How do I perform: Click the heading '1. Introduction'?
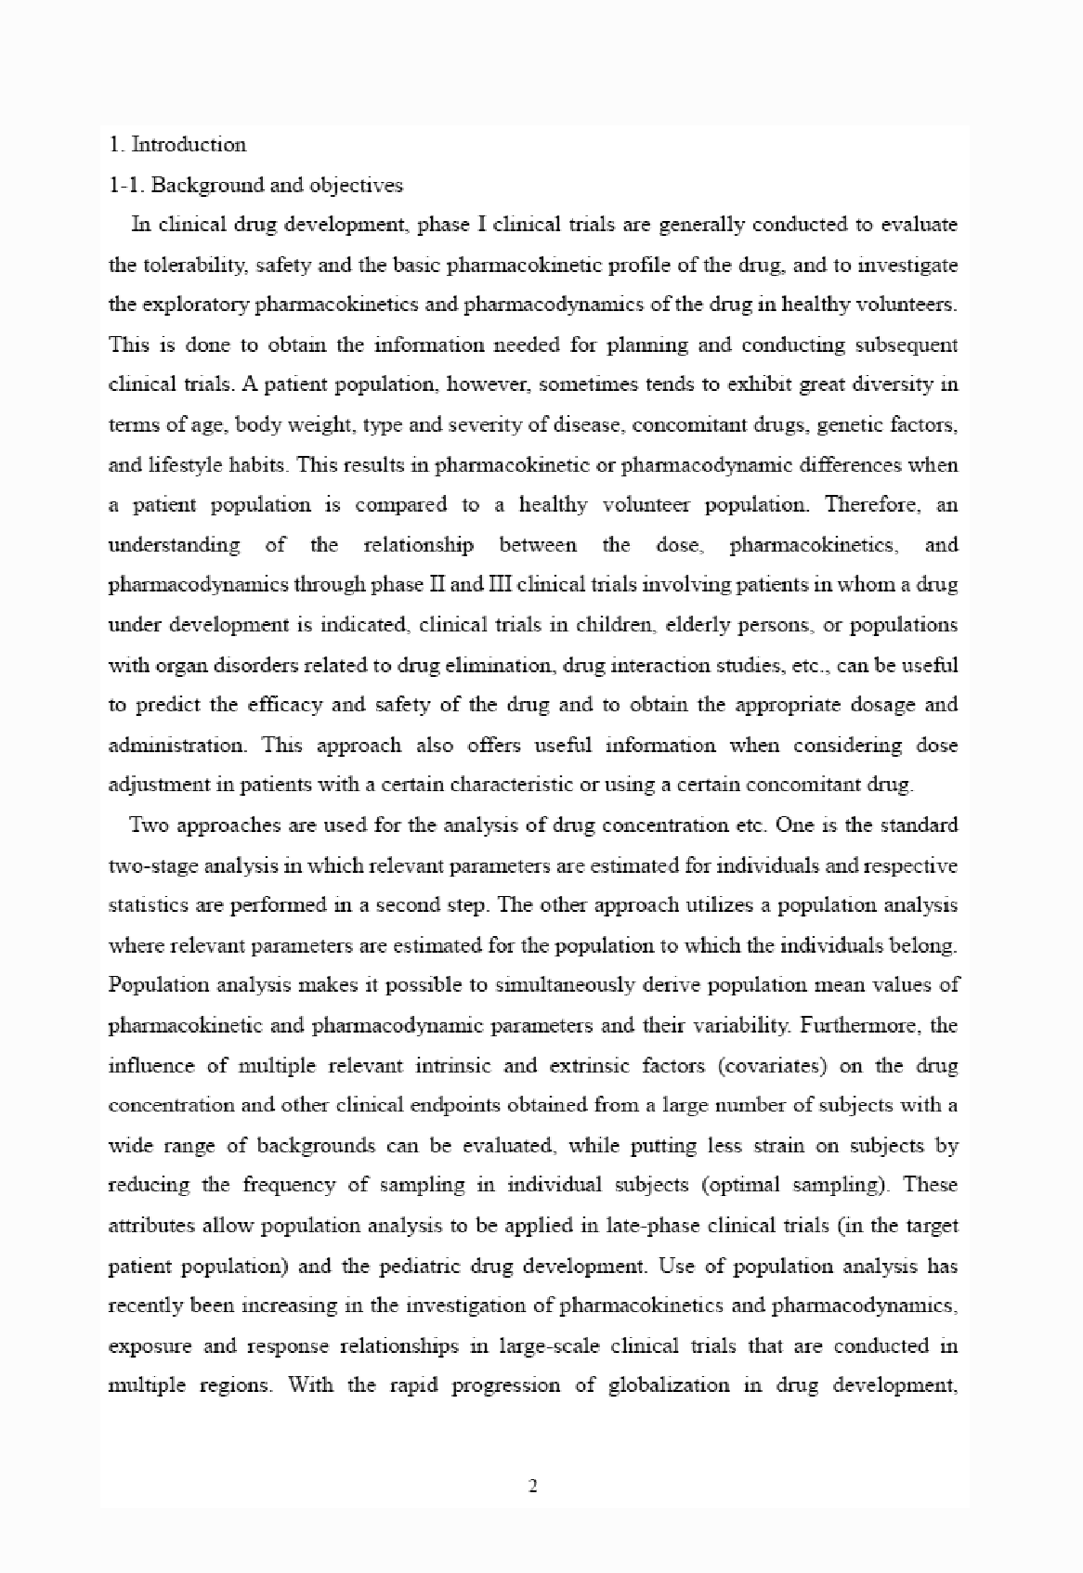click(177, 145)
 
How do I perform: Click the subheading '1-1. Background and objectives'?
click(255, 185)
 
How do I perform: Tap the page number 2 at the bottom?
click(533, 1487)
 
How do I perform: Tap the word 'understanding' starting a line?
click(174, 545)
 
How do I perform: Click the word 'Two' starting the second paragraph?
click(149, 825)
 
